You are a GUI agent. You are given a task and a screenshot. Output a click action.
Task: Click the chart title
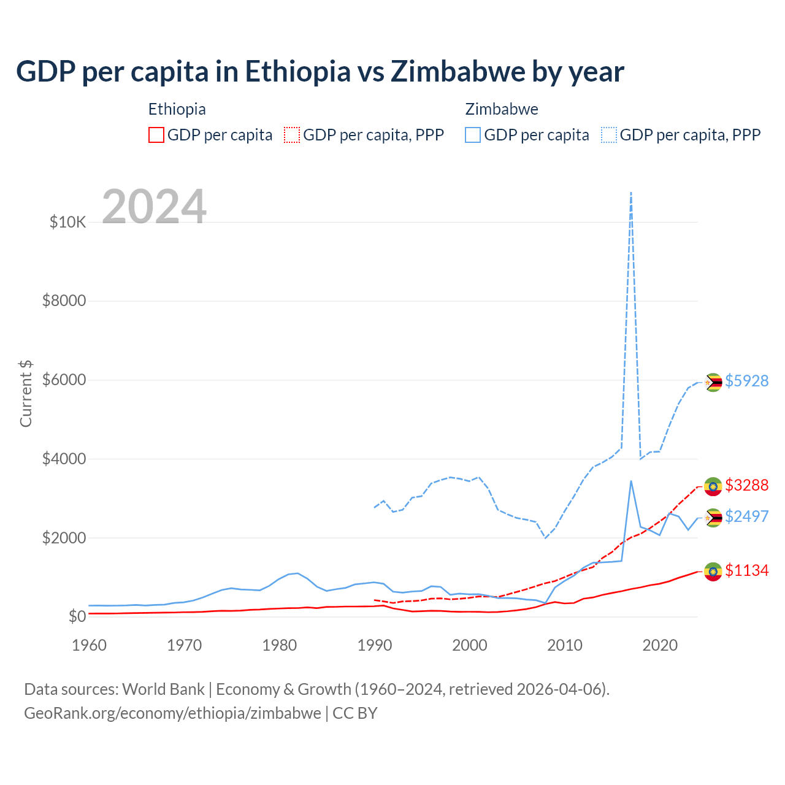320,72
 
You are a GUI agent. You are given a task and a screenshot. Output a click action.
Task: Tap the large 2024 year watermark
154,207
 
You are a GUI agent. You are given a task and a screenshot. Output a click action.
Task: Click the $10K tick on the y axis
68,222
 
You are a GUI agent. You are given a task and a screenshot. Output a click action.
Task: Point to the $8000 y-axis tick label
64,301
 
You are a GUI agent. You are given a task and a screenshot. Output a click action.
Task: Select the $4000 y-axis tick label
64,459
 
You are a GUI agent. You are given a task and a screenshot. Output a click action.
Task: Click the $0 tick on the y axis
77,616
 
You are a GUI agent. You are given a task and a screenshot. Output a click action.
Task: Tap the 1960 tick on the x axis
90,645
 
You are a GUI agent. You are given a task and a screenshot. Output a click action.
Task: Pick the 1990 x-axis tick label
375,645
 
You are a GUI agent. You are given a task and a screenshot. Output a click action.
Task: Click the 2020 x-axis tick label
660,645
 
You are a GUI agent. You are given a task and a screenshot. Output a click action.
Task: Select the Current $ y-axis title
26,394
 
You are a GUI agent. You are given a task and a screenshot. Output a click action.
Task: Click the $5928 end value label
746,381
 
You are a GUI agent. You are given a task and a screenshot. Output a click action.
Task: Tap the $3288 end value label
746,485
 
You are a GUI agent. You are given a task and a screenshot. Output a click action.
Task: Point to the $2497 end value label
746,516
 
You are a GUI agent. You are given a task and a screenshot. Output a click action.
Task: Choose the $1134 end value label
746,570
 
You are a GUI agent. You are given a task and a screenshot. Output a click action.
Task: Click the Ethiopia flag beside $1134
713,572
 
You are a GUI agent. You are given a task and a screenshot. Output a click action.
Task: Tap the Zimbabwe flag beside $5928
713,382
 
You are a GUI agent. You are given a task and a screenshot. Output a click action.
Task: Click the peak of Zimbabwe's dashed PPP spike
631,193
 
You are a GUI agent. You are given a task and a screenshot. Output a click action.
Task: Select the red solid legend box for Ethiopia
156,135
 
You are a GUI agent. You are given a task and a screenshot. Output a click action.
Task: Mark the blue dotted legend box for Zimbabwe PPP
609,135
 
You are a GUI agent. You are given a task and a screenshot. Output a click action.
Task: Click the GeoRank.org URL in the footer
172,713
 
